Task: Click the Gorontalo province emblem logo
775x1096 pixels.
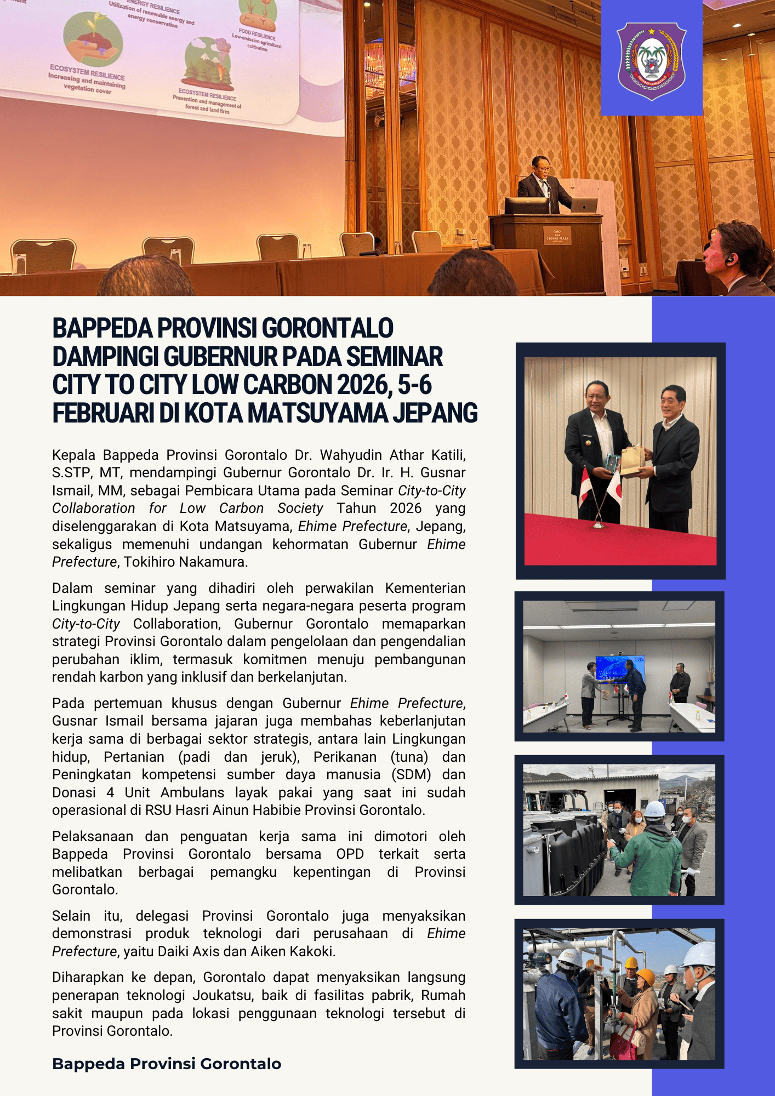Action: click(652, 60)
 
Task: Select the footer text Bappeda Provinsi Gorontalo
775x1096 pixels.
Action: click(167, 1064)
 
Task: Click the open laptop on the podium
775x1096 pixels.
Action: click(584, 206)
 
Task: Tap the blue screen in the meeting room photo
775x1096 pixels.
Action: click(619, 669)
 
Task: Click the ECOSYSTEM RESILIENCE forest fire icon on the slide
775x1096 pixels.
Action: click(208, 64)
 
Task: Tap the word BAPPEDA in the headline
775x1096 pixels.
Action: click(102, 328)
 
